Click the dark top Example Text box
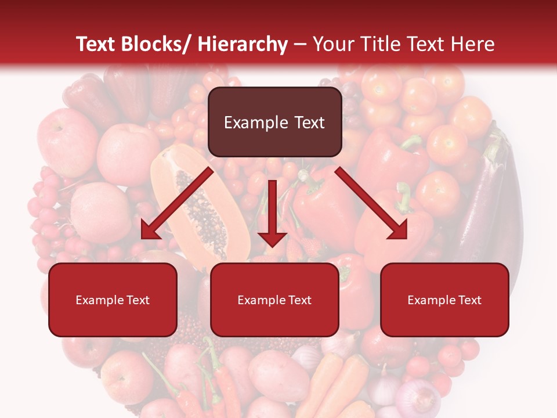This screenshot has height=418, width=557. coord(274,122)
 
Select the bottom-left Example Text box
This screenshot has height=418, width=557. coord(113,300)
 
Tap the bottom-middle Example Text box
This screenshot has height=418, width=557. coord(274,300)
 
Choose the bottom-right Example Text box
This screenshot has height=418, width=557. coord(444,300)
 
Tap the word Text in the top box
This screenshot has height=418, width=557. coord(309,122)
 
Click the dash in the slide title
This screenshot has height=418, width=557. coord(300,45)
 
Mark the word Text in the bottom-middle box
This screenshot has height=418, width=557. coord(299,300)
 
